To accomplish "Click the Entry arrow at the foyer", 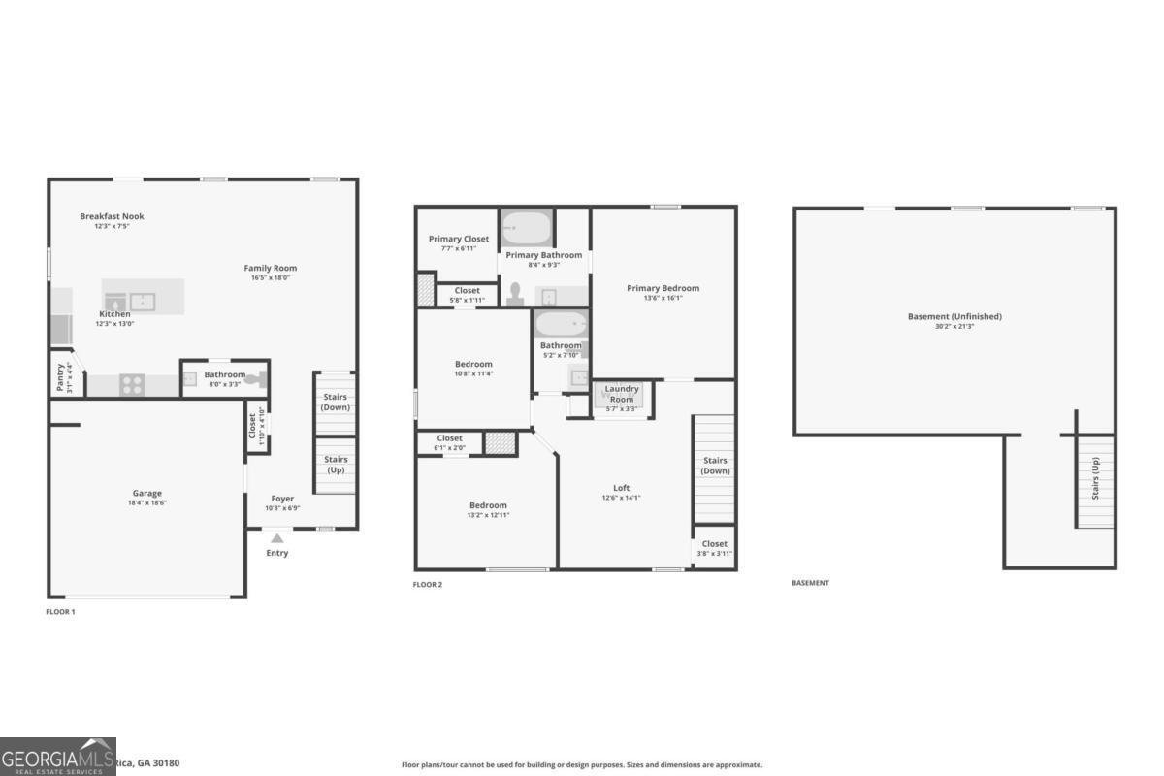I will pos(277,537).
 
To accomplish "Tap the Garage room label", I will pos(147,493).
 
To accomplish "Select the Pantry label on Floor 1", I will pos(61,375).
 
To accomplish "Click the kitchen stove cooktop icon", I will pos(132,385).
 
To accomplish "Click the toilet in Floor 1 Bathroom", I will pos(256,380).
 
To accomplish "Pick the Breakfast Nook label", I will pos(112,216).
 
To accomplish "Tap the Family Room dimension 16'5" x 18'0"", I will pos(271,278).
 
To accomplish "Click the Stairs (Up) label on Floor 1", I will pos(336,465).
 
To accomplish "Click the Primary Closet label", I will pos(459,239).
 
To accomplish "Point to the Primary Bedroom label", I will pos(663,288).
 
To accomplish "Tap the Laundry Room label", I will pos(622,394).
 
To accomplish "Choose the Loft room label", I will pos(622,488).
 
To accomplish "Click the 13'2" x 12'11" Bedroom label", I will pos(488,505).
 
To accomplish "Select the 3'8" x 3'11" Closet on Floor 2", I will pos(714,548).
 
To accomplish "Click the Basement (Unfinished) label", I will pos(954,316).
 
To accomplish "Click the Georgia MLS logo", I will pos(58,757).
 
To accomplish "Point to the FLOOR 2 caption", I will pos(428,585).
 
